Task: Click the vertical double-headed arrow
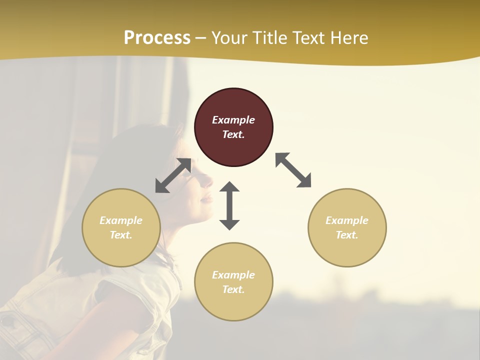pyautogui.click(x=229, y=205)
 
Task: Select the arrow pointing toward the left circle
pyautogui.click(x=173, y=175)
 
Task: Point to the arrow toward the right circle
pyautogui.click(x=293, y=170)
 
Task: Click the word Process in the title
pyautogui.click(x=157, y=37)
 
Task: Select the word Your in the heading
pyautogui.click(x=230, y=37)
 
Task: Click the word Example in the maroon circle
pyautogui.click(x=233, y=120)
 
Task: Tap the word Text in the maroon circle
pyautogui.click(x=233, y=134)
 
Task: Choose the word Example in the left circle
pyautogui.click(x=121, y=220)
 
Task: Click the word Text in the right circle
pyautogui.click(x=347, y=235)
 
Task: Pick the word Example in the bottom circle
pyautogui.click(x=233, y=275)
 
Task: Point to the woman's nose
pyautogui.click(x=207, y=181)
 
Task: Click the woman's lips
pyautogui.click(x=205, y=198)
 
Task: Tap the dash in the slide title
pyautogui.click(x=201, y=38)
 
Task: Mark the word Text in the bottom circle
pyautogui.click(x=233, y=289)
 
